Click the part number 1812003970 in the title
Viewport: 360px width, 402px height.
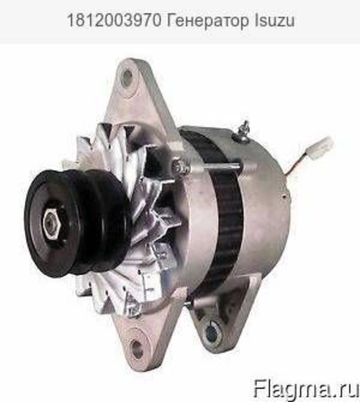click(x=114, y=21)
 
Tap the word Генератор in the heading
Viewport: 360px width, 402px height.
click(x=207, y=21)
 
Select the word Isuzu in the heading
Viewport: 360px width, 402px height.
click(x=274, y=21)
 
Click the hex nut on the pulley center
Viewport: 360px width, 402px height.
click(x=52, y=221)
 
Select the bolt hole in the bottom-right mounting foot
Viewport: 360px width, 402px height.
click(x=211, y=333)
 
